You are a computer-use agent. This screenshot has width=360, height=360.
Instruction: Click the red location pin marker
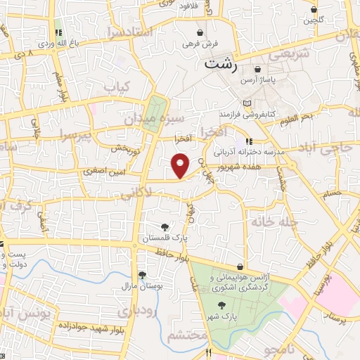pyautogui.click(x=181, y=167)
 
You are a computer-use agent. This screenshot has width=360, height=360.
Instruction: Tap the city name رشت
pyautogui.click(x=220, y=63)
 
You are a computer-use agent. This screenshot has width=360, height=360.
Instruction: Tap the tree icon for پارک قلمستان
pyautogui.click(x=164, y=227)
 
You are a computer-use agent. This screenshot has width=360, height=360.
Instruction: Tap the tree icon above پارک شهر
pyautogui.click(x=223, y=304)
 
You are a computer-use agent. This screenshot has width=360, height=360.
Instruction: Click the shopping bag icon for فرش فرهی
pyautogui.click(x=200, y=32)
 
